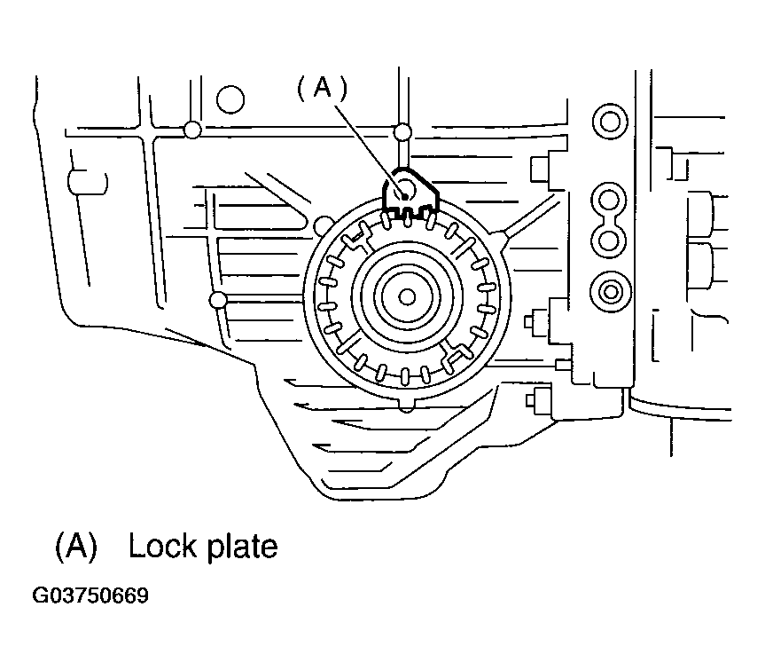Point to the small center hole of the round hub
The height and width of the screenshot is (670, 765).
click(x=408, y=296)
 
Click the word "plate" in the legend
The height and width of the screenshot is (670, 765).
click(x=243, y=547)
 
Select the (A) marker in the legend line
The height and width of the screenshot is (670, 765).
click(x=74, y=546)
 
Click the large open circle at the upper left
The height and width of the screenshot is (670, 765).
click(x=230, y=99)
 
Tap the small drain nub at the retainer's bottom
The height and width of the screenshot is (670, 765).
click(x=408, y=405)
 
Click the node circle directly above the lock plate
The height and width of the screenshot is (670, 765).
click(x=402, y=133)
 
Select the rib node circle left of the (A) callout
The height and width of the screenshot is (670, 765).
click(x=191, y=131)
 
